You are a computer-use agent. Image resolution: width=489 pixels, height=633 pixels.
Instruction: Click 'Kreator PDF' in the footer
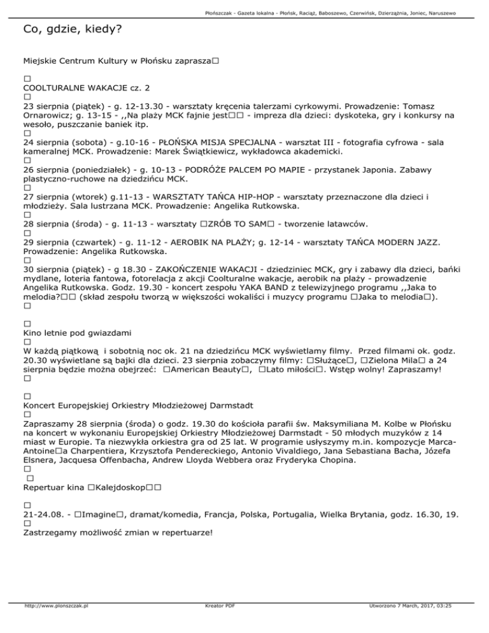pyautogui.click(x=217, y=623)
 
